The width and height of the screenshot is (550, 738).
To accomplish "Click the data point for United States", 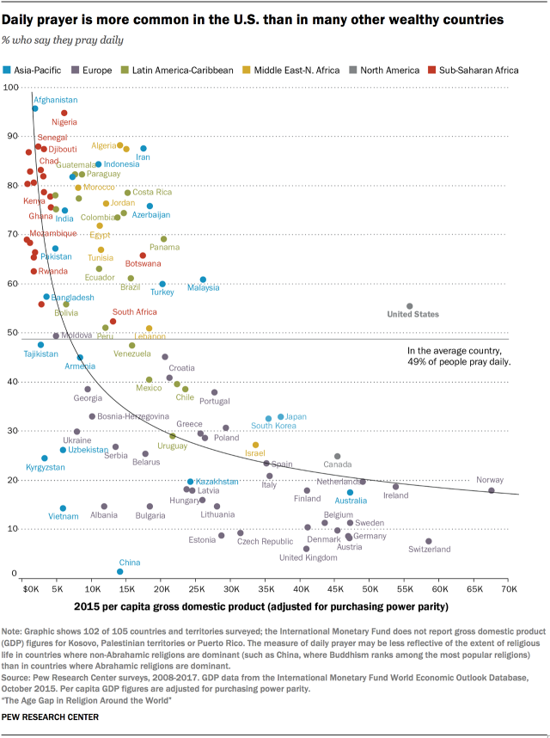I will tap(409, 306).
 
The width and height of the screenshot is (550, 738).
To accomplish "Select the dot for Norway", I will tap(492, 490).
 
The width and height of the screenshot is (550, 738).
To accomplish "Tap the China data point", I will tap(120, 571).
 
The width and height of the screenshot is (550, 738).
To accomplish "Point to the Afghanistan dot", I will tap(35, 108).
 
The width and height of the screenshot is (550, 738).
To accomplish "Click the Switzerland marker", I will tap(429, 541).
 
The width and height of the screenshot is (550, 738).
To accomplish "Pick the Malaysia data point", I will tap(203, 280).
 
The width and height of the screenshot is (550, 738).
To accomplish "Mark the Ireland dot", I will tap(396, 487).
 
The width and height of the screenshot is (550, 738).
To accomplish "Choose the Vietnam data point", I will tap(63, 508).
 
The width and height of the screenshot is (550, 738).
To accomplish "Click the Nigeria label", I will tap(64, 123).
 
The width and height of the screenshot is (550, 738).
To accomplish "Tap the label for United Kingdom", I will tap(309, 558).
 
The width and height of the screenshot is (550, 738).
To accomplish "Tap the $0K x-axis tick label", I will tap(29, 592).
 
